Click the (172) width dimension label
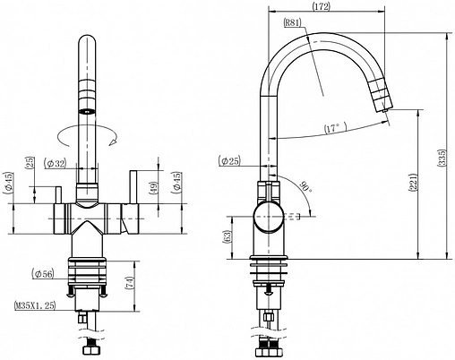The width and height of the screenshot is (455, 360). coord(322,6)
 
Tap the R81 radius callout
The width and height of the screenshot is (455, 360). coord(293,22)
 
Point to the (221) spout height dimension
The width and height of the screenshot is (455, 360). coord(412,182)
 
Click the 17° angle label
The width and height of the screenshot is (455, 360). coord(335,128)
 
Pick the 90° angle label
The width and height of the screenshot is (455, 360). coord(305,187)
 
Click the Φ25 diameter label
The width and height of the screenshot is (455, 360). coord(229,161)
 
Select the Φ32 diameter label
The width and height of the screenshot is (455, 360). coord(55,163)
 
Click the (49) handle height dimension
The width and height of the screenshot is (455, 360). coord(153,188)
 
